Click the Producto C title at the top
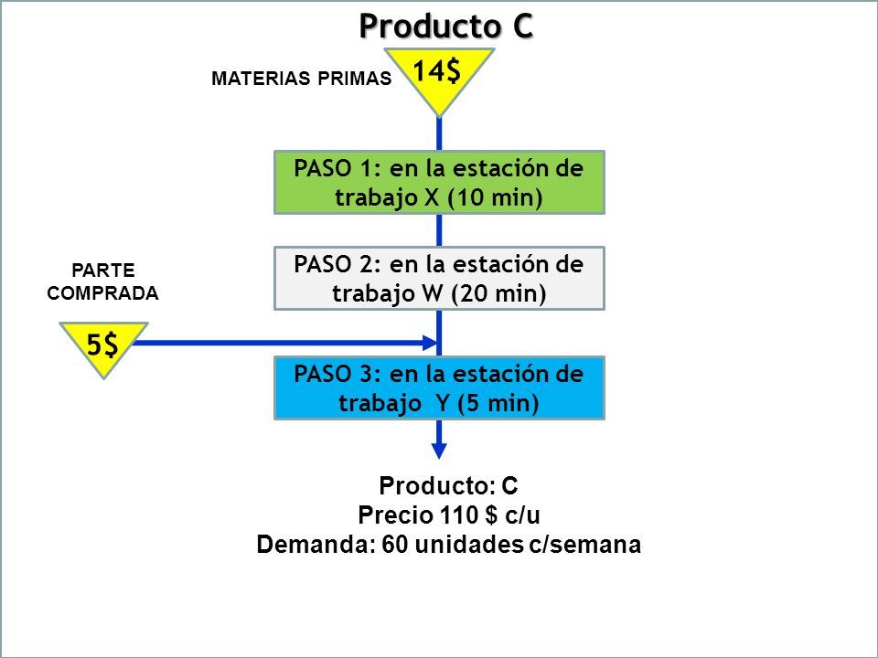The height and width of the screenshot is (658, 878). (445, 27)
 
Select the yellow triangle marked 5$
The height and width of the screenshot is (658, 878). (103, 347)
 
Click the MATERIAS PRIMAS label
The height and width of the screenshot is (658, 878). (301, 79)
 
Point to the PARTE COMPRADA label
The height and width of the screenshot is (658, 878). (103, 282)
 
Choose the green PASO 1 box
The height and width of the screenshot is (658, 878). (439, 183)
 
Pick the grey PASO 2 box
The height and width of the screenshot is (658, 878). (439, 278)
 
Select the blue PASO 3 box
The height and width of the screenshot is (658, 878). (439, 387)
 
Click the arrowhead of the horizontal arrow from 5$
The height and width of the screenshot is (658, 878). (430, 343)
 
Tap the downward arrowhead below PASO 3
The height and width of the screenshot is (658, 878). (439, 451)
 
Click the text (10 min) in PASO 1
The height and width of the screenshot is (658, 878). (496, 197)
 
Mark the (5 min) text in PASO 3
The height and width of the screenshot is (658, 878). (498, 403)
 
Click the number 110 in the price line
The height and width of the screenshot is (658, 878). (458, 515)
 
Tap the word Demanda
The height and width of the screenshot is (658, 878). (316, 545)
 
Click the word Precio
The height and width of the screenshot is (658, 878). (395, 515)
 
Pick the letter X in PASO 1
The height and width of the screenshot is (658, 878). (432, 197)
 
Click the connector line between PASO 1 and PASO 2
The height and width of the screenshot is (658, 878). (439, 230)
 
